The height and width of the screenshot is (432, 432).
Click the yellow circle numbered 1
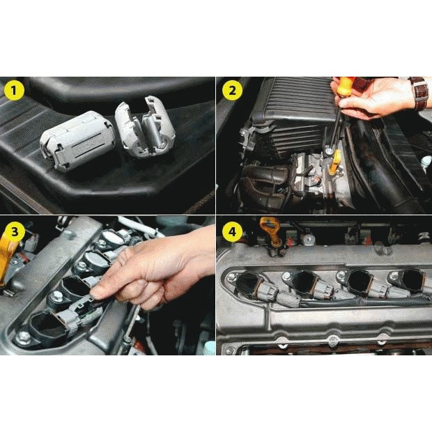14,90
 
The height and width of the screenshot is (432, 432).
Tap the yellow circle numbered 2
232,90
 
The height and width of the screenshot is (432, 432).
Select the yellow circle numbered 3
14,231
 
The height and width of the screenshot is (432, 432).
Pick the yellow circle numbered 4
232,231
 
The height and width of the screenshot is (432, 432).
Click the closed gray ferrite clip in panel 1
77,140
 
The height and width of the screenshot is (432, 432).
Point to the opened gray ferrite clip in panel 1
145,127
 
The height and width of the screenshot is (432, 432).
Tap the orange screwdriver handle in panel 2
344,86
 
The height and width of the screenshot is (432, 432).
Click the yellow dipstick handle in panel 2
334,162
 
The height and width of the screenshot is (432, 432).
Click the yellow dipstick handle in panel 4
270,231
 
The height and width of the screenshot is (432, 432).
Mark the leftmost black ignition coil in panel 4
249,286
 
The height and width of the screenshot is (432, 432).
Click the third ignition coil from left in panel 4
360,282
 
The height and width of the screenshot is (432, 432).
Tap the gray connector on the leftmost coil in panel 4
269,292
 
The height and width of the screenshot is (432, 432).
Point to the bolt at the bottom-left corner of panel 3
24,337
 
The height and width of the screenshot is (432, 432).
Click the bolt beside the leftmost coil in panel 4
231,277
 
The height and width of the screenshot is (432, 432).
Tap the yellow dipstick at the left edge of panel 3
8,256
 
